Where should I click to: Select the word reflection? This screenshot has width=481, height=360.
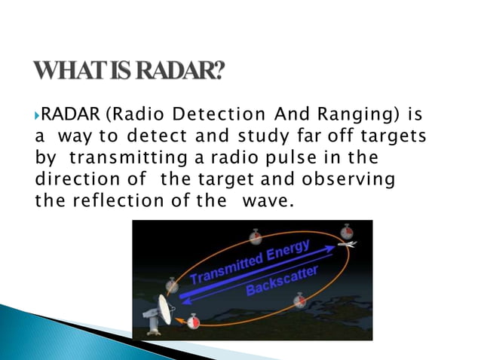106,202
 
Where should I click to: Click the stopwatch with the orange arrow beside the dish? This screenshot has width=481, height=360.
194,322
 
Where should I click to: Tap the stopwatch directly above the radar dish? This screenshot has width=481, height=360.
172,285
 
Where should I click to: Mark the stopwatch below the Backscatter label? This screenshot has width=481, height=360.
300,301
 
